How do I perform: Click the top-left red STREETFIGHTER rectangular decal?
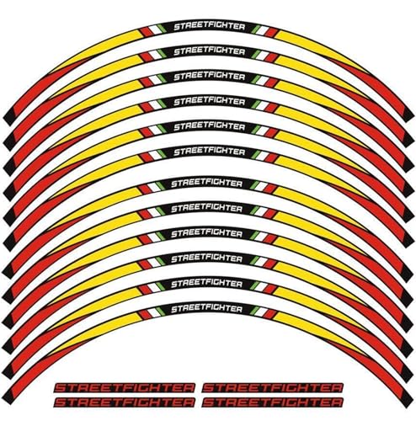(125, 388)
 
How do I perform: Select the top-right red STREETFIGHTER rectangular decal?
(273, 388)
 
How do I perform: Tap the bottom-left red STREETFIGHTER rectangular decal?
(125, 402)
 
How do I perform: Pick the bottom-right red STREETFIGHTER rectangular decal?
(273, 402)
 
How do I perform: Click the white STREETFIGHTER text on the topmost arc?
(210, 27)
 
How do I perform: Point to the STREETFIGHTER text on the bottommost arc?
(206, 309)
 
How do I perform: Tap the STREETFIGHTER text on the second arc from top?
(210, 52)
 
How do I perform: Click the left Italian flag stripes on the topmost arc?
(152, 30)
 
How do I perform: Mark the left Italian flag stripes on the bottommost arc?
(149, 312)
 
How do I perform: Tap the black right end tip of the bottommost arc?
(407, 398)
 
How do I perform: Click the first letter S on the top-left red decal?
(61, 388)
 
